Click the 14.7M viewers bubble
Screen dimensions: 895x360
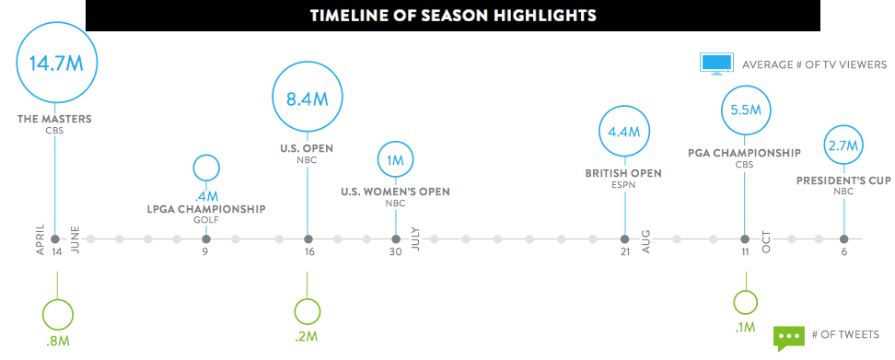click(56, 63)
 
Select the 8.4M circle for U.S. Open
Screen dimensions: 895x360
click(308, 98)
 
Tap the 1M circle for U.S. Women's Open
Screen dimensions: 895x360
click(396, 160)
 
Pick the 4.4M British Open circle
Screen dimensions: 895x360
click(624, 133)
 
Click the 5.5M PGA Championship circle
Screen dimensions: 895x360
click(745, 110)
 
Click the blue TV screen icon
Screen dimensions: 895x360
click(716, 64)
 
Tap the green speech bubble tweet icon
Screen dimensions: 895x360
click(788, 338)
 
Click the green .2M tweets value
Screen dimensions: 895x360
click(307, 336)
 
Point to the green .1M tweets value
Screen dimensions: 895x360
click(745, 327)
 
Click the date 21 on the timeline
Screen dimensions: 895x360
click(624, 252)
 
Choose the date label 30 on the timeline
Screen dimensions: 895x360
click(396, 252)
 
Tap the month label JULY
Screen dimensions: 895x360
click(415, 238)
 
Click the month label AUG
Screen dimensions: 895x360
click(646, 242)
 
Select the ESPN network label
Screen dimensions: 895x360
click(623, 185)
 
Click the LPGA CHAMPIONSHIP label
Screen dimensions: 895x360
click(206, 209)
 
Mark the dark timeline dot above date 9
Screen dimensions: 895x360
click(206, 238)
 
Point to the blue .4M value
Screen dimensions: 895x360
click(206, 197)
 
